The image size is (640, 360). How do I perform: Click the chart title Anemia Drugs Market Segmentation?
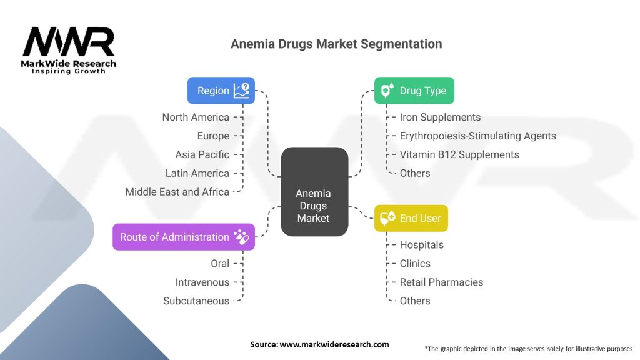pos(336,44)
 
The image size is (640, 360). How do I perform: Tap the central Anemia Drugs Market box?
pos(314,191)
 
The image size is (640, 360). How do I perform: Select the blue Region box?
pos(221,91)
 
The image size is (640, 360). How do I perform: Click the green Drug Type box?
pos(414,91)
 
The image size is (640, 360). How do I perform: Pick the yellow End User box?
pos(411,218)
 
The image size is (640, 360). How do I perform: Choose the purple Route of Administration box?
pos(184,237)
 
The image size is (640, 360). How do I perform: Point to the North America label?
pos(196,117)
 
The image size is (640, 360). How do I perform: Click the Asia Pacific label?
pos(202,154)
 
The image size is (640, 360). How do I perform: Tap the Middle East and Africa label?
pos(177,192)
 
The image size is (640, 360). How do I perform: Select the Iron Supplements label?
pos(440,117)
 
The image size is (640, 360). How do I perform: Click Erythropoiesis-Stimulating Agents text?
pos(477,136)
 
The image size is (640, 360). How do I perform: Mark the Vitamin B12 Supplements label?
pos(459,154)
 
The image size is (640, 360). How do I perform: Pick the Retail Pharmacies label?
pos(441,282)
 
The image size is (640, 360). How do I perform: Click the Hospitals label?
pos(421,244)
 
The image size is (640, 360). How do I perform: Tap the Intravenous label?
pos(202,282)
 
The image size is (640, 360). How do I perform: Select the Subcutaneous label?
pos(196,301)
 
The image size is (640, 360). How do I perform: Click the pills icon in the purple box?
pos(241,237)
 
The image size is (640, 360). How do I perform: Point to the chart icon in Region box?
pos(241,91)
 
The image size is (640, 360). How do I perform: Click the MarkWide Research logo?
pos(69,50)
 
